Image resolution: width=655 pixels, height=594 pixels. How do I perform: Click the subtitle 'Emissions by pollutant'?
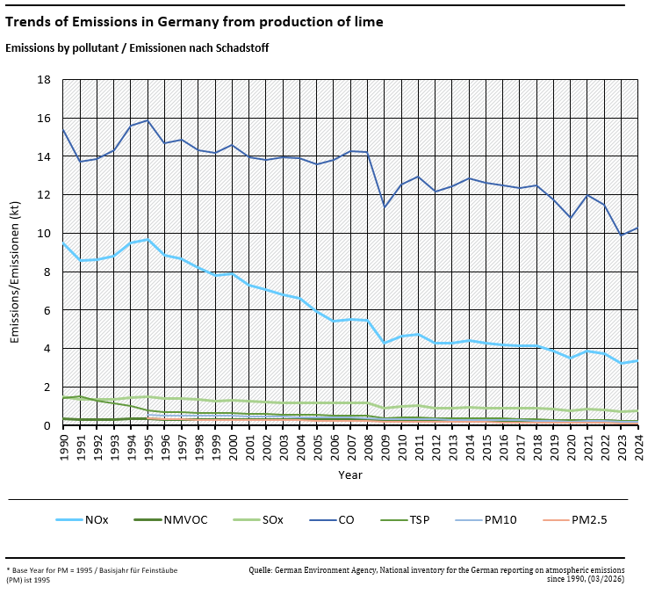[x=137, y=47]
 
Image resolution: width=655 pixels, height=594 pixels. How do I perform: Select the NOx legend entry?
[x=97, y=520]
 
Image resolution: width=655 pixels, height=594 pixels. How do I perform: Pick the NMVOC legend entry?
[x=185, y=520]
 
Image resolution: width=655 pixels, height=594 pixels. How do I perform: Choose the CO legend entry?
[x=346, y=520]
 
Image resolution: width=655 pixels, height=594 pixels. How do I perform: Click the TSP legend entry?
[x=421, y=520]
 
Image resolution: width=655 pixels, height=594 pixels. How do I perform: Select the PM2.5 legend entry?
[x=589, y=520]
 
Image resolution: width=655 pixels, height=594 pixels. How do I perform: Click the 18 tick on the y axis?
[x=45, y=80]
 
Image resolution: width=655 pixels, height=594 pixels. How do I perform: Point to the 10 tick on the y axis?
[x=45, y=234]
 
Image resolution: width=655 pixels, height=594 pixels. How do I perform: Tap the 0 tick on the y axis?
[x=47, y=426]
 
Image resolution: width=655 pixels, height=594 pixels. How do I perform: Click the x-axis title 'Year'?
[x=349, y=474]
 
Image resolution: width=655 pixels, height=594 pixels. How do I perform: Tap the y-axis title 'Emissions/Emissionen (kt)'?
[x=15, y=253]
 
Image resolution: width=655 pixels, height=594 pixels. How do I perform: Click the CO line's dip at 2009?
[x=384, y=207]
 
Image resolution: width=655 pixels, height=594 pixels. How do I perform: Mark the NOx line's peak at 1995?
[x=148, y=240]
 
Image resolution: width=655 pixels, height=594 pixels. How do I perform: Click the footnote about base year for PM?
[x=92, y=574]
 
